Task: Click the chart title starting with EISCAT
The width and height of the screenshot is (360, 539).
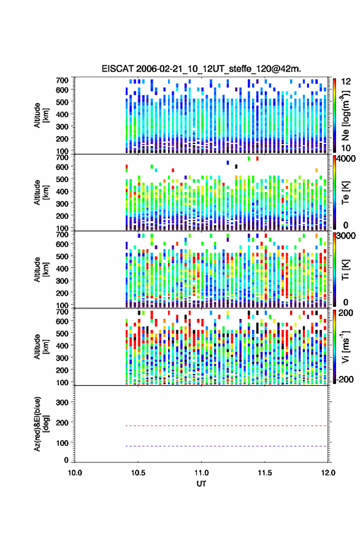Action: tap(201, 69)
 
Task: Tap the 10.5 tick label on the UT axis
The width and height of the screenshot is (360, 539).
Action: tap(138, 473)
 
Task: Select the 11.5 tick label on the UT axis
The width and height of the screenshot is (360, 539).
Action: tap(264, 473)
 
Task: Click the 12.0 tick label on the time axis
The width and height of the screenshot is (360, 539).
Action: tap(328, 473)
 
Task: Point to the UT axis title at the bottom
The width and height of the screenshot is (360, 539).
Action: tap(201, 484)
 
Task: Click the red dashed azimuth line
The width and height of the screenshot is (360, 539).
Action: tap(227, 426)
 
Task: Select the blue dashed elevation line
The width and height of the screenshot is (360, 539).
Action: tap(227, 446)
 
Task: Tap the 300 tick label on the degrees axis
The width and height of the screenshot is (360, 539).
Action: tap(62, 402)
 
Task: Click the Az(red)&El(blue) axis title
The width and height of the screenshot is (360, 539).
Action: tap(40, 424)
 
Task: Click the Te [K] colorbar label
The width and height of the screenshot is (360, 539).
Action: tap(345, 193)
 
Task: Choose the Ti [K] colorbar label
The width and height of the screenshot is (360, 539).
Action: tap(345, 270)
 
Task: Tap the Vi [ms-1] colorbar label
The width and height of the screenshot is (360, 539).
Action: tap(345, 346)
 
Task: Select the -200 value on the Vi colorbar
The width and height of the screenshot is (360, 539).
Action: tap(344, 379)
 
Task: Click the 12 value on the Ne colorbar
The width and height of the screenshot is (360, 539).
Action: tap(346, 82)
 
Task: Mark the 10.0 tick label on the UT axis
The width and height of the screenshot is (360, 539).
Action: tap(75, 473)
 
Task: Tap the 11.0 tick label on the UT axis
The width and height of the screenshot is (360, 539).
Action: tap(201, 473)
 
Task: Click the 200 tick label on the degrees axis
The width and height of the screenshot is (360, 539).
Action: tap(62, 422)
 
